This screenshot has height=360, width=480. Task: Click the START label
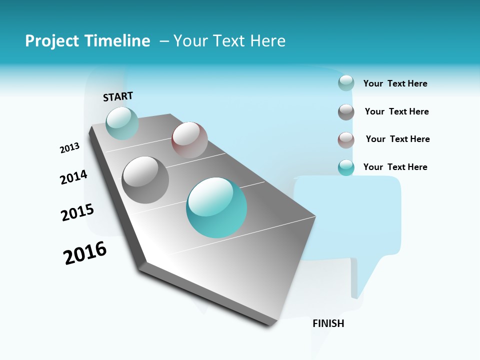click(x=118, y=96)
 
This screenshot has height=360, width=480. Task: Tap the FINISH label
click(x=328, y=323)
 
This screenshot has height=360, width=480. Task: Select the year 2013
click(x=69, y=148)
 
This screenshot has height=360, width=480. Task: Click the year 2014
click(x=73, y=177)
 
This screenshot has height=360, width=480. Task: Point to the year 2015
click(x=77, y=212)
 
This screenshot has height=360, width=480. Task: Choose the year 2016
click(x=85, y=253)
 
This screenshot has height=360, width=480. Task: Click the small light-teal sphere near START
click(x=122, y=123)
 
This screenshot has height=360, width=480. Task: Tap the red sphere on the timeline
click(x=189, y=140)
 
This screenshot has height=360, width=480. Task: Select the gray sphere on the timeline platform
click(x=145, y=179)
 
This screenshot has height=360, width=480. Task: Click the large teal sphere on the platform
click(x=216, y=207)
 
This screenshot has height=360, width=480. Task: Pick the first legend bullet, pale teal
click(x=346, y=83)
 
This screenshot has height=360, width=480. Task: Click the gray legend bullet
click(x=346, y=112)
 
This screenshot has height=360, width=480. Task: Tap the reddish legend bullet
click(x=346, y=140)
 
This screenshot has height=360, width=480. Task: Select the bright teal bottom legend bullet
click(x=346, y=167)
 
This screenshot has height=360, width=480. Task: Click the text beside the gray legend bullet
click(x=396, y=111)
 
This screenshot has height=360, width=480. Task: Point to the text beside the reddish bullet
click(x=397, y=139)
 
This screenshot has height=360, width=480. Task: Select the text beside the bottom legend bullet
click(x=395, y=167)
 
